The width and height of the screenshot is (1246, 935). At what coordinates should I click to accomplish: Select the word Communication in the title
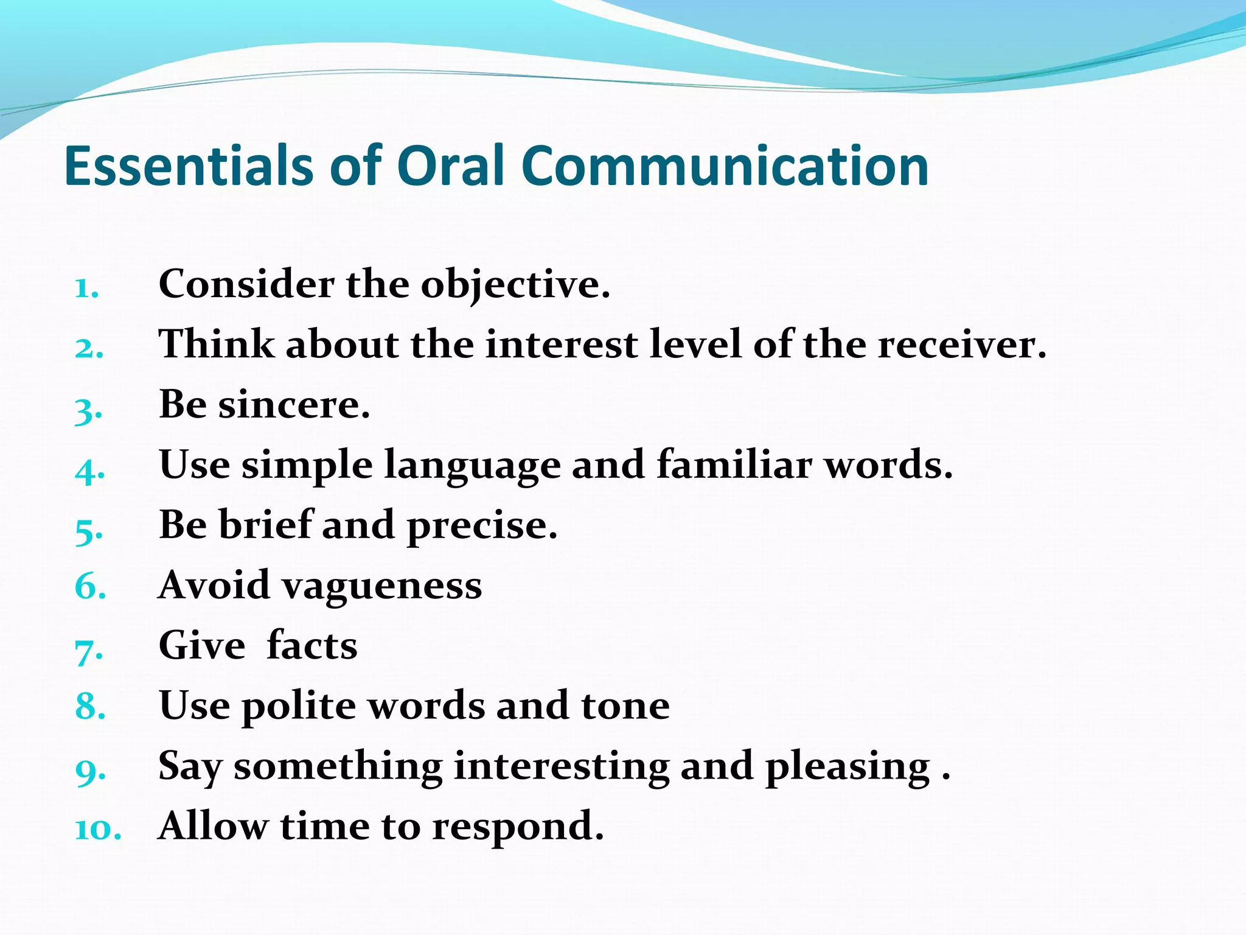(725, 166)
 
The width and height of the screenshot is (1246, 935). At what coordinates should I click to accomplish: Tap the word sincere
(294, 405)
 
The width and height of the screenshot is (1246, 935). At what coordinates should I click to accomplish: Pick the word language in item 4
(472, 466)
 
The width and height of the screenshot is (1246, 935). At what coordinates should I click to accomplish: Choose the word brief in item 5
(265, 525)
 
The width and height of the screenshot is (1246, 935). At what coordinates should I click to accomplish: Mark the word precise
(481, 526)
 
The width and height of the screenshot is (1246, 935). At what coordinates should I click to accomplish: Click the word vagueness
(381, 586)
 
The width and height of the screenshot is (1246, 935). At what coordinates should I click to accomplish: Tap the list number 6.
(89, 586)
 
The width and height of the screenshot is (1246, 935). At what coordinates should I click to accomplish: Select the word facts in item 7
(312, 645)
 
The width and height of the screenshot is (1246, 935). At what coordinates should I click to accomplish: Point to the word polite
(299, 706)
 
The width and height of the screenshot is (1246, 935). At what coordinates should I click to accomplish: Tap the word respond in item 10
(518, 827)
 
